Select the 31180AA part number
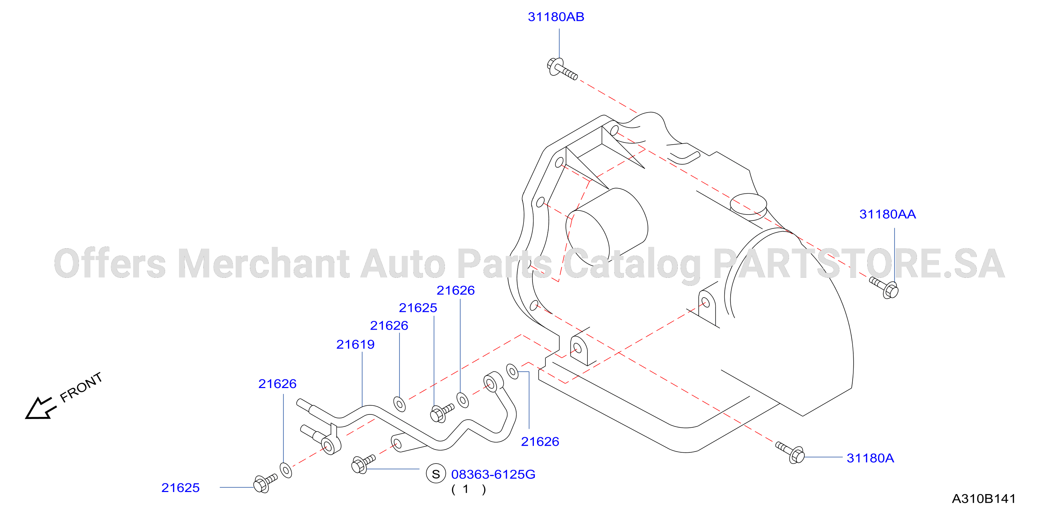point(887,214)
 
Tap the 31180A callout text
point(870,458)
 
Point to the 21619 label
point(355,345)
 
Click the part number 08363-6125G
point(493,475)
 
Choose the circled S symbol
point(436,474)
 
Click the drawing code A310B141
point(984,499)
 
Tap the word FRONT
point(81,388)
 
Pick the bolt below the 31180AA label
point(884,287)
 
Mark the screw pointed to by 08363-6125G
point(363,464)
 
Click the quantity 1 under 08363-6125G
point(465,489)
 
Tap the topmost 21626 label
point(455,291)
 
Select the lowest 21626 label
point(540,442)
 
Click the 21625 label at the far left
point(180,488)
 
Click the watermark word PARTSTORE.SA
point(859,263)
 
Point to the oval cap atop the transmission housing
point(748,204)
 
